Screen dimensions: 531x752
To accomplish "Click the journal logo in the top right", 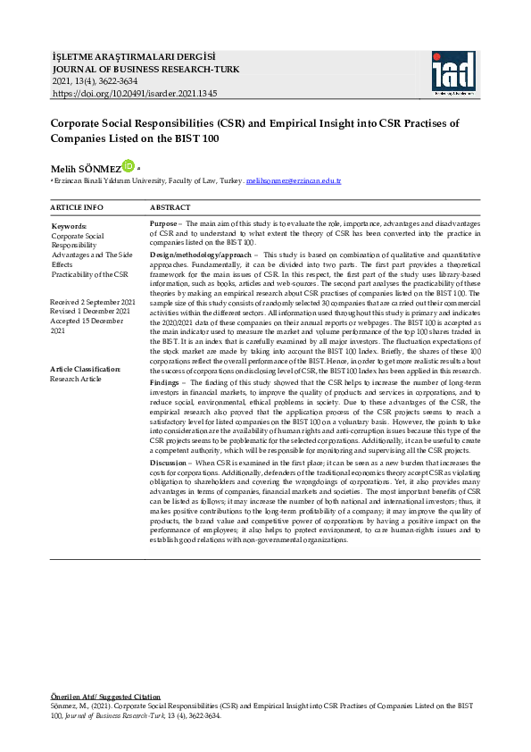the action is click(x=454, y=73).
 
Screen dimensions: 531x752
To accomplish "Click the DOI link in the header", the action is click(x=135, y=93).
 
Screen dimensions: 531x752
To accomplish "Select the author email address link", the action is click(x=294, y=181).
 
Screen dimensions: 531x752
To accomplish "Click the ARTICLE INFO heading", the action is click(x=77, y=207).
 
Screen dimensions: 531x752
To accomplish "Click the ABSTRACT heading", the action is click(x=170, y=207).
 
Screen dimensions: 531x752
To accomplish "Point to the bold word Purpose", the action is click(x=163, y=223).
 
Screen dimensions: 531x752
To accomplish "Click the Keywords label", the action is click(x=69, y=227).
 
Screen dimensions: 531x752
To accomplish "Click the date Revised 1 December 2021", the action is click(x=90, y=312).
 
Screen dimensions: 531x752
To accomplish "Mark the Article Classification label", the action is click(x=86, y=369).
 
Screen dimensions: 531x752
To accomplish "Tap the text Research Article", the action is click(x=77, y=379).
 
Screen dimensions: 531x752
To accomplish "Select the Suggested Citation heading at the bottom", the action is click(x=106, y=695).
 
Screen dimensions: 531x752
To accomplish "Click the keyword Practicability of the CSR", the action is click(x=89, y=274).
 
